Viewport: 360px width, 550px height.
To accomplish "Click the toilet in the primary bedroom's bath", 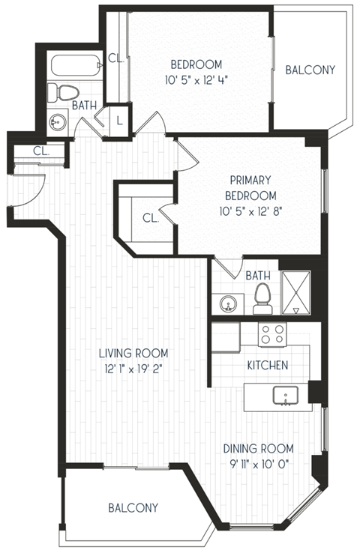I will tap(262, 297).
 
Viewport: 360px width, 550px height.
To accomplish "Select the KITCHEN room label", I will tap(268, 365).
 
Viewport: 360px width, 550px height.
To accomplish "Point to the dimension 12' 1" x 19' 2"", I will tap(135, 368).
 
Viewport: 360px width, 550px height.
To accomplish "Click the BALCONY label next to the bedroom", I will tap(310, 70).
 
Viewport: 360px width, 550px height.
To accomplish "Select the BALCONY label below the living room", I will tap(133, 507).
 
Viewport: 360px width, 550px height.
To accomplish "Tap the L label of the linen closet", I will tap(120, 120).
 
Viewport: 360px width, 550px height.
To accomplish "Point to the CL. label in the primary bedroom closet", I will tap(150, 219).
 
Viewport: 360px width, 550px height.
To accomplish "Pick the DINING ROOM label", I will tap(257, 449).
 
